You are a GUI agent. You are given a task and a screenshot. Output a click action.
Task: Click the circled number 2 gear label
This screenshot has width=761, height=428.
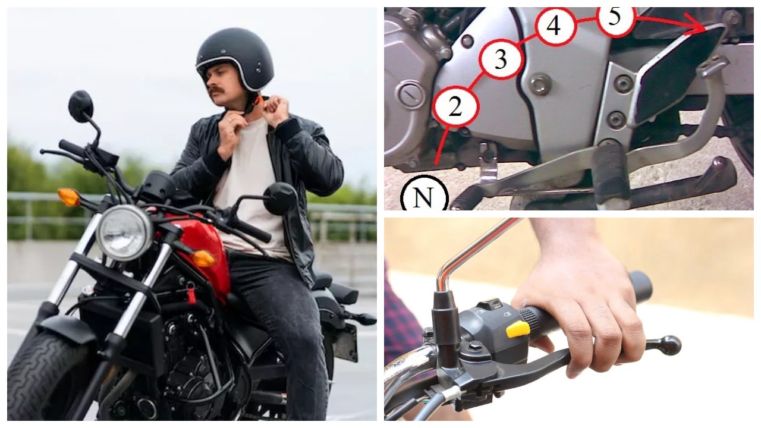456,106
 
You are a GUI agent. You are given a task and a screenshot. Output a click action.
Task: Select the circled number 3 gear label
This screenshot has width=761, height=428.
501,59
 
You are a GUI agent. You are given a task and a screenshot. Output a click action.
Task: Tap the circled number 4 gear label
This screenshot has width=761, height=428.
555,26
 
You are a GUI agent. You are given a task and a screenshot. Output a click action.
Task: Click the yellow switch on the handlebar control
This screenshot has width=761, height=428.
518,329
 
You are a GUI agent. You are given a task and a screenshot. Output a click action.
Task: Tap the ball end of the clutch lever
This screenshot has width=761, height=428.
669,345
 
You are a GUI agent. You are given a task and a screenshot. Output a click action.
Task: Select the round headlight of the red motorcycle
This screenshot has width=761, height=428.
125,233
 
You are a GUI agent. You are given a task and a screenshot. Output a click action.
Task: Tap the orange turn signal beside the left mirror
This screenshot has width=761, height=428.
68,197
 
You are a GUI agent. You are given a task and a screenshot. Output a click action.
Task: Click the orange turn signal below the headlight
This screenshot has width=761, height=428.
203,259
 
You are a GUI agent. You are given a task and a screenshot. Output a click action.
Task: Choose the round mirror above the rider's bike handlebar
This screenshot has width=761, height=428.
81,106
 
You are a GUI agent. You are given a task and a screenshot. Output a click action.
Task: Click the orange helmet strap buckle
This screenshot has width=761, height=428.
260,100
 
